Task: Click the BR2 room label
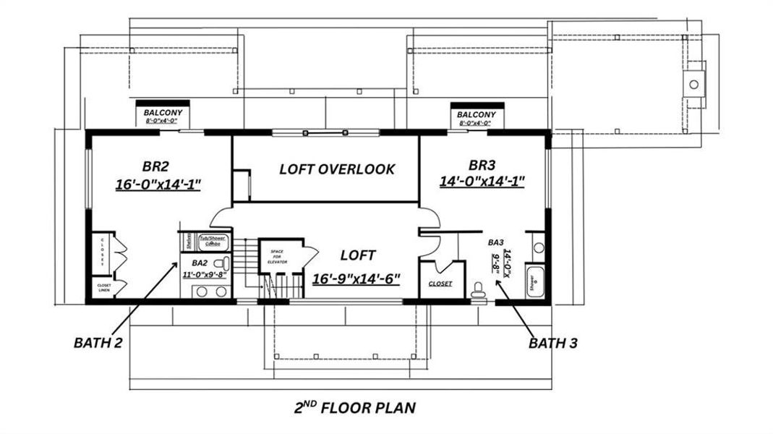(158, 164)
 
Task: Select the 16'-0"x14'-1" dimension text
(158, 184)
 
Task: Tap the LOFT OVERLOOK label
(337, 169)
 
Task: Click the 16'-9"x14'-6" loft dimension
(356, 278)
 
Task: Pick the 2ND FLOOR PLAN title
(355, 407)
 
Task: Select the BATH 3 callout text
(552, 343)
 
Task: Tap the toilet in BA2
(224, 263)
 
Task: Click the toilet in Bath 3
(477, 291)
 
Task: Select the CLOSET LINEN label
(103, 288)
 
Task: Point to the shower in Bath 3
(535, 281)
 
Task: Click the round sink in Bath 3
(538, 247)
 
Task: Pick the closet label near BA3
(440, 284)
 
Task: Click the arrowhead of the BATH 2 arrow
(176, 263)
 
